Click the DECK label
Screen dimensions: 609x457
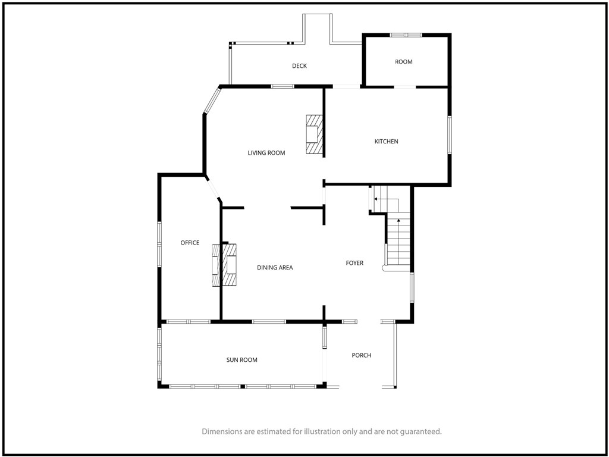300,66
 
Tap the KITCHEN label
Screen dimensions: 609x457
387,142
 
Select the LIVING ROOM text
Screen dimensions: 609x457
266,153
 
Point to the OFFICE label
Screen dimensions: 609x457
190,243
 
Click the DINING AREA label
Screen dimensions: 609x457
275,268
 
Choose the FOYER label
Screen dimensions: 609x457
354,264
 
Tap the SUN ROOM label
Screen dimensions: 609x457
242,360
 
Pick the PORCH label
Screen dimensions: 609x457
362,356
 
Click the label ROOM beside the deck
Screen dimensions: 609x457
404,62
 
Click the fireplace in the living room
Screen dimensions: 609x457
314,134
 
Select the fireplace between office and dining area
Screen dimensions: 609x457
224,265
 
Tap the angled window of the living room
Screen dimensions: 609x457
212,101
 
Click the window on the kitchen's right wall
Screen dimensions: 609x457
450,135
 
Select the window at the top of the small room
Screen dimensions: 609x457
406,35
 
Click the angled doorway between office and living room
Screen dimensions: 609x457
213,189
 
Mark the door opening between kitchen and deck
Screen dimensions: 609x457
347,86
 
